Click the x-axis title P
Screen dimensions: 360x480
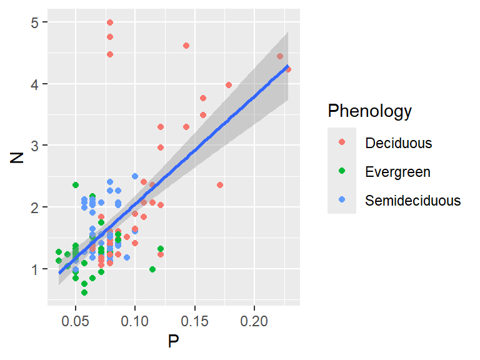(x=174, y=341)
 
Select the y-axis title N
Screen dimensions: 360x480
(x=17, y=155)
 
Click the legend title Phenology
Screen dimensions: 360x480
(x=370, y=111)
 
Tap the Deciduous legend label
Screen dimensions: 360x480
(x=398, y=142)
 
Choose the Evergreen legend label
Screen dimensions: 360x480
(x=397, y=171)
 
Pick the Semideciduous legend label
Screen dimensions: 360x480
(x=412, y=201)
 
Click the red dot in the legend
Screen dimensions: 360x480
(x=342, y=142)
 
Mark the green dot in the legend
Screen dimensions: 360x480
(x=342, y=171)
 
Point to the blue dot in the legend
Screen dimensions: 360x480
(x=342, y=201)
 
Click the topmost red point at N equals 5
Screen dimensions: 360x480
(x=110, y=22)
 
